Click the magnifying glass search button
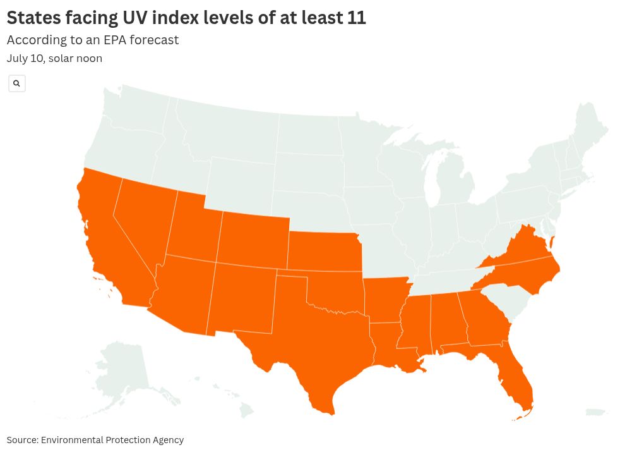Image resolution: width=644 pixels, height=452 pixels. pyautogui.click(x=17, y=83)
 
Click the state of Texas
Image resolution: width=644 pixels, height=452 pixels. pyautogui.click(x=316, y=335)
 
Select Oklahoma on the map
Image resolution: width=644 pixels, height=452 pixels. pyautogui.click(x=335, y=291)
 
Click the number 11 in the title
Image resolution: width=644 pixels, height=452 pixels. pyautogui.click(x=356, y=18)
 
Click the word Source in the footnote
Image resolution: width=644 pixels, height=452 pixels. pyautogui.click(x=22, y=440)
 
